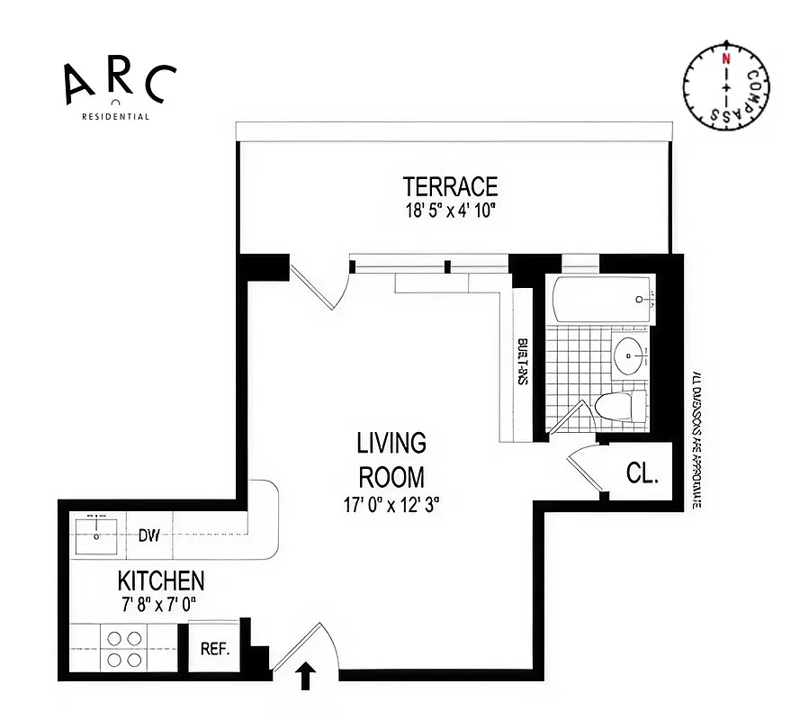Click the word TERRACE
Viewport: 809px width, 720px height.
point(450,186)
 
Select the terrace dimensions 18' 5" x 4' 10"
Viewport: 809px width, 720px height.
point(450,211)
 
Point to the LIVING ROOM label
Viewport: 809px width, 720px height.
point(391,459)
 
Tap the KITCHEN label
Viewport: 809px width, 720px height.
point(161,580)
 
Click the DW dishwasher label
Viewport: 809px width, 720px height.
point(149,536)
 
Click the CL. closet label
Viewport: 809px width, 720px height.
point(642,473)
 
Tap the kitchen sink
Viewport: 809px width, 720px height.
point(97,535)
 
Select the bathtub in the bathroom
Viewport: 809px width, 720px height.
point(602,300)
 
